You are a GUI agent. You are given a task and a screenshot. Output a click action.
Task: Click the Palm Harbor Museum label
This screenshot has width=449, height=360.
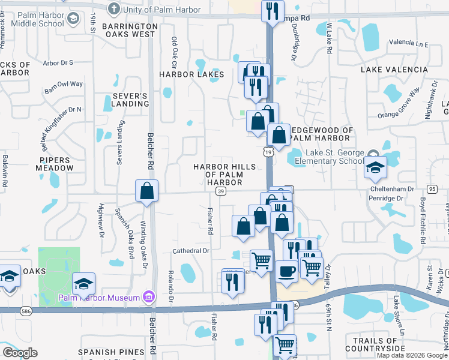[x=99, y=298]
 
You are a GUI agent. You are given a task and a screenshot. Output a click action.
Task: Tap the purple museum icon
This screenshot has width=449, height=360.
[x=149, y=297]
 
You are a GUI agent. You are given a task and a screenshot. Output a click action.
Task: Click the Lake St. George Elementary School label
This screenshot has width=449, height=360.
[x=336, y=157]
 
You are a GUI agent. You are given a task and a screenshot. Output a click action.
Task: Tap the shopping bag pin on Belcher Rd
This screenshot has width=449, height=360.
[x=146, y=191]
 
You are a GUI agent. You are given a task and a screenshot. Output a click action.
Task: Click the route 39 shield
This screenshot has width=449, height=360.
[x=221, y=191]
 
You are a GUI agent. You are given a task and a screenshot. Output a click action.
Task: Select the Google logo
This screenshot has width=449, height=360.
[x=19, y=353]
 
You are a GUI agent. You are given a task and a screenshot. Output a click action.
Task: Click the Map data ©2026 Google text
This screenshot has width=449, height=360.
[x=411, y=355]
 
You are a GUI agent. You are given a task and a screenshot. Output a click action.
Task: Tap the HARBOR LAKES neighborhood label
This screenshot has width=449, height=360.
[x=191, y=74]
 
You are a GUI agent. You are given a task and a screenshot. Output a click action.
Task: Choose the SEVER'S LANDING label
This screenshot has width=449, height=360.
[x=130, y=100]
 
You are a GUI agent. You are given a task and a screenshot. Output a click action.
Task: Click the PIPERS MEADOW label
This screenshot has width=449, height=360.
[x=55, y=164]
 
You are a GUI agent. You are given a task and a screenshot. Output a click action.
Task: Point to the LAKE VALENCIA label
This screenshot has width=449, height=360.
[x=394, y=70]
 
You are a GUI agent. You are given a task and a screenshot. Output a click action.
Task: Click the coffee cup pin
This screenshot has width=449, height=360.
[x=286, y=271]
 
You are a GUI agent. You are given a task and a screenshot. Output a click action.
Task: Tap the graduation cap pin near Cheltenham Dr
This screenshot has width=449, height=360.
[x=375, y=167]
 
